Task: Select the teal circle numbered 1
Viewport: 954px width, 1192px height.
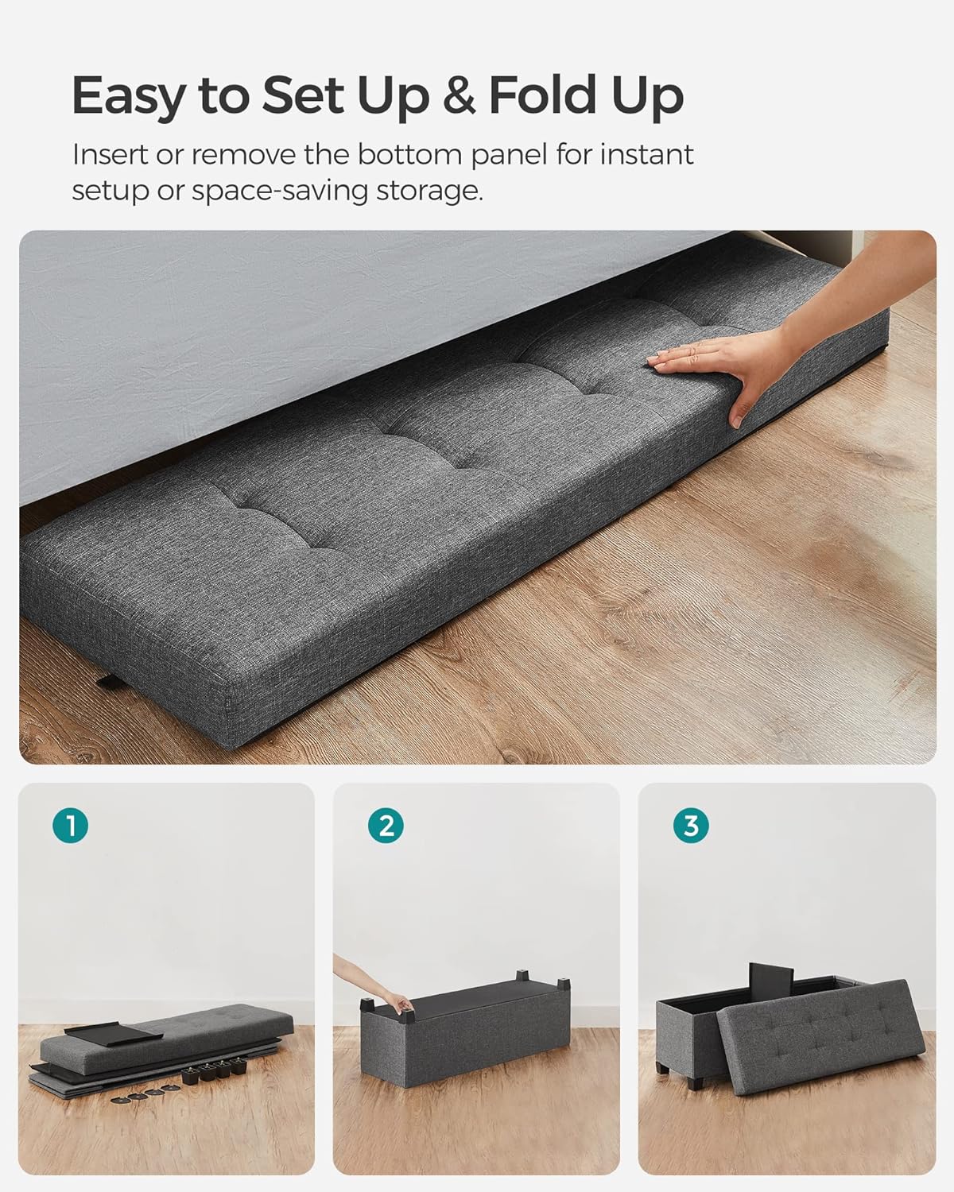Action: tap(72, 826)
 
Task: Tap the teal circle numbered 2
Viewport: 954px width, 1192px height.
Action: tap(386, 826)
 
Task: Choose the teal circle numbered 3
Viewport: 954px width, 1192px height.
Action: tap(691, 826)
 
